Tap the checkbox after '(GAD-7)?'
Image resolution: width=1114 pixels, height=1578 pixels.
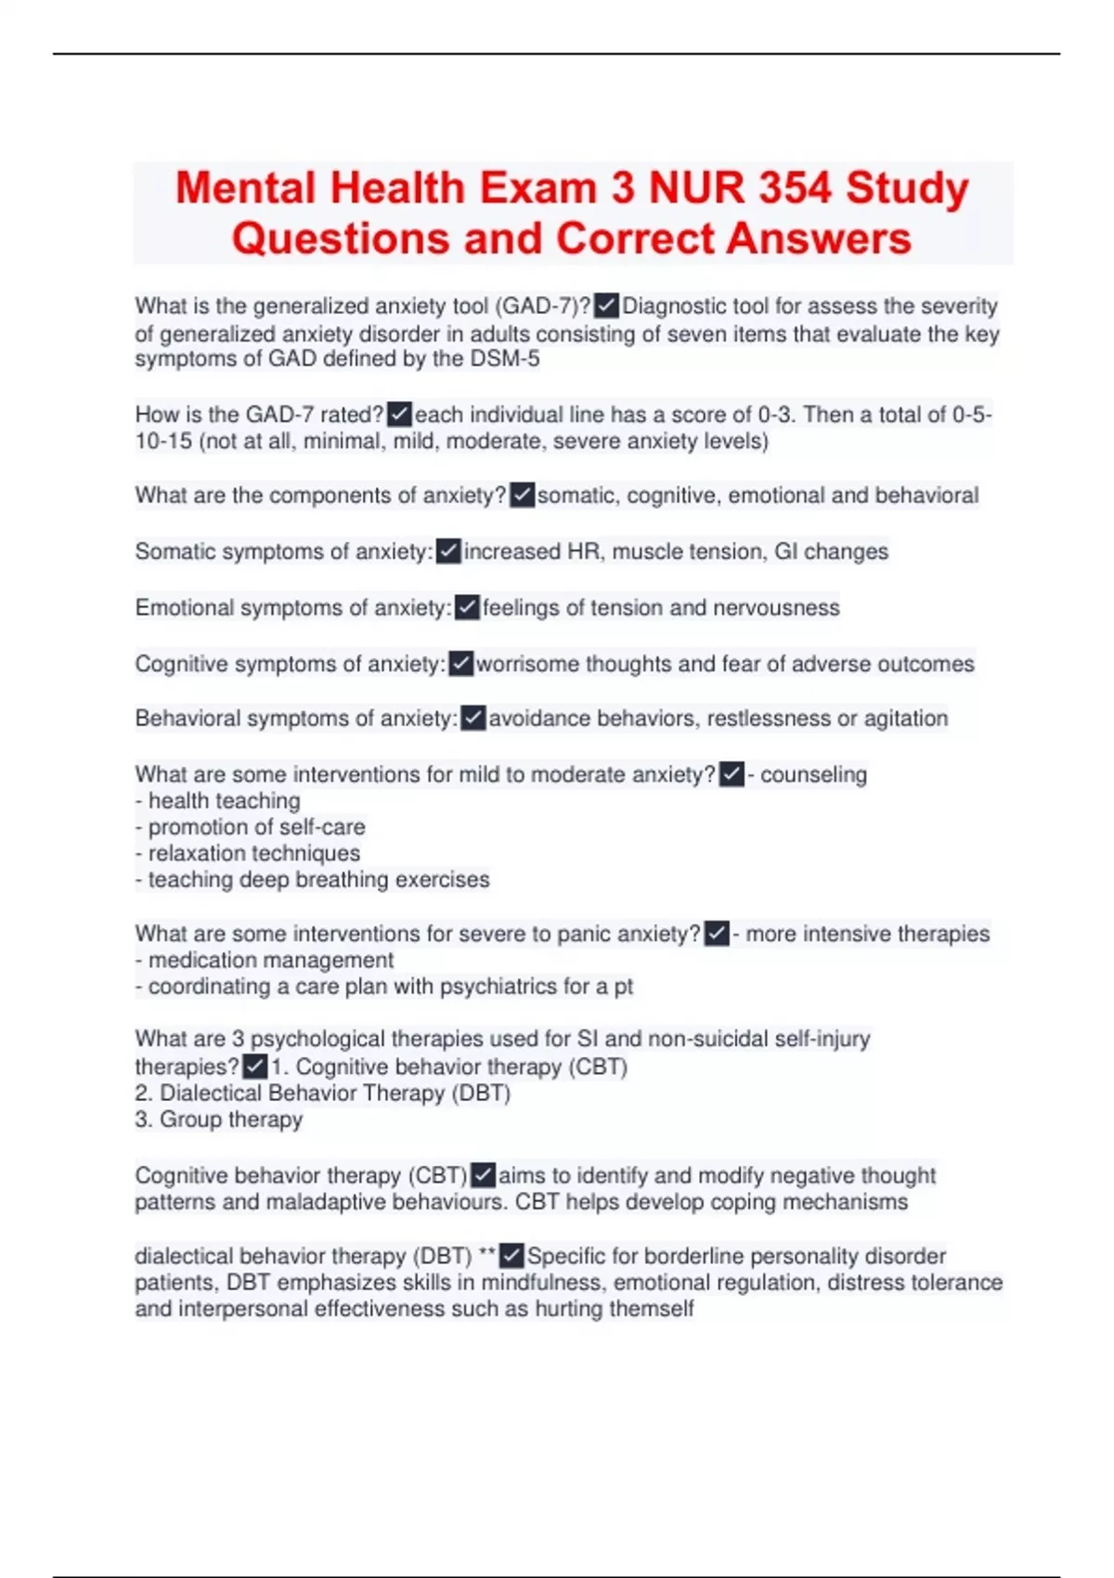click(x=606, y=305)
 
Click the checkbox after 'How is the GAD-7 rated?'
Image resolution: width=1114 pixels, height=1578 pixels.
click(x=399, y=414)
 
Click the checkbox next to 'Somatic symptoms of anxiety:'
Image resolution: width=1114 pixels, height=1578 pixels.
click(x=448, y=551)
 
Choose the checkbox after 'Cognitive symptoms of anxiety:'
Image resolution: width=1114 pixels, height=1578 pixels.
click(x=460, y=664)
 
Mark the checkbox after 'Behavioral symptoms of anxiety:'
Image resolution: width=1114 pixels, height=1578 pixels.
click(x=473, y=718)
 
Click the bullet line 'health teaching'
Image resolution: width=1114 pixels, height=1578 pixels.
click(x=224, y=801)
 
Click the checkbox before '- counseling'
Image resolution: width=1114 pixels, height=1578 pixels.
click(x=732, y=774)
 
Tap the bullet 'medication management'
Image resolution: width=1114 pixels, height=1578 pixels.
click(x=270, y=960)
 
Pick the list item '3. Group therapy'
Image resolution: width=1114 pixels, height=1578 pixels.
click(x=219, y=1119)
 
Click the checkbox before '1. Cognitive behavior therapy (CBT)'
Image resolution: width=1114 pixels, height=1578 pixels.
click(x=254, y=1067)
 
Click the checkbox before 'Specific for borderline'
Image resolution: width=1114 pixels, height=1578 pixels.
click(x=512, y=1256)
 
